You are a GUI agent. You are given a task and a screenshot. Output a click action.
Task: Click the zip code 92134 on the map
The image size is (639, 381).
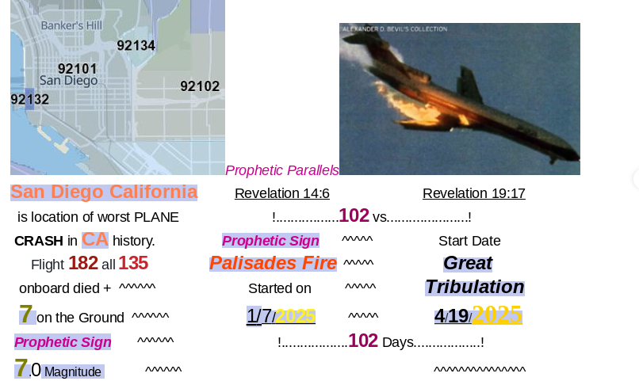[136, 45]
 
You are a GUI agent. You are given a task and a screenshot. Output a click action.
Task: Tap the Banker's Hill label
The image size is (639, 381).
[71, 25]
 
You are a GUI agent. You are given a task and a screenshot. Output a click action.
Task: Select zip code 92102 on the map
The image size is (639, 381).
[200, 86]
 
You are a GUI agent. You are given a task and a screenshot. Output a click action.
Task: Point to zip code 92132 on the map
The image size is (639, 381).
[30, 99]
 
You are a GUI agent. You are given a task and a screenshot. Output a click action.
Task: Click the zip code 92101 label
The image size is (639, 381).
[78, 69]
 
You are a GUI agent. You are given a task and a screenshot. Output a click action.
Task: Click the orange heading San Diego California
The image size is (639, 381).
[104, 192]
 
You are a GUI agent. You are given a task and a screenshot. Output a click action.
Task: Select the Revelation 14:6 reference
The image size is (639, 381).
[282, 193]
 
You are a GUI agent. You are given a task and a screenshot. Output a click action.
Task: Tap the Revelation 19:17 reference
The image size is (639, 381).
[474, 193]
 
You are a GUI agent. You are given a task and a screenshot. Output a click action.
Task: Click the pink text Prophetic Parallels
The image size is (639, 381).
[282, 170]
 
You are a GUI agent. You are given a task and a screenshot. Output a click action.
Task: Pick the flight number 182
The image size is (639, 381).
[83, 263]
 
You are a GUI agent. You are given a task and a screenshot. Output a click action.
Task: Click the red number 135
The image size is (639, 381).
[133, 263]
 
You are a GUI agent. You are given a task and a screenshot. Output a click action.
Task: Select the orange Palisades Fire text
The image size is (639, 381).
[273, 263]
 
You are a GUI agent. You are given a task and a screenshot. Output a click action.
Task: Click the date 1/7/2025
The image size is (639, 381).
[281, 316]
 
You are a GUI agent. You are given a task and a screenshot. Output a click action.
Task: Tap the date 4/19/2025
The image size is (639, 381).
[478, 314]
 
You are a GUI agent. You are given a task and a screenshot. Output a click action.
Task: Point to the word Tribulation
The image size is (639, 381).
[475, 287]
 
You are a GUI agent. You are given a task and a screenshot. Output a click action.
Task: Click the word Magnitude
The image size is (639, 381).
[73, 372]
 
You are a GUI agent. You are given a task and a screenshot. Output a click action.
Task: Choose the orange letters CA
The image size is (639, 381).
[95, 240]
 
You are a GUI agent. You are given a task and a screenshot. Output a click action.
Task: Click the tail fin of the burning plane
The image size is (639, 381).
[469, 83]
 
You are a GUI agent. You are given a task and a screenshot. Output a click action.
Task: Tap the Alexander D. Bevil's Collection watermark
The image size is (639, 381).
[395, 29]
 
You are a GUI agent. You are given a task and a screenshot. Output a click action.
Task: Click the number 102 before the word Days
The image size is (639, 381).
[363, 341]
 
